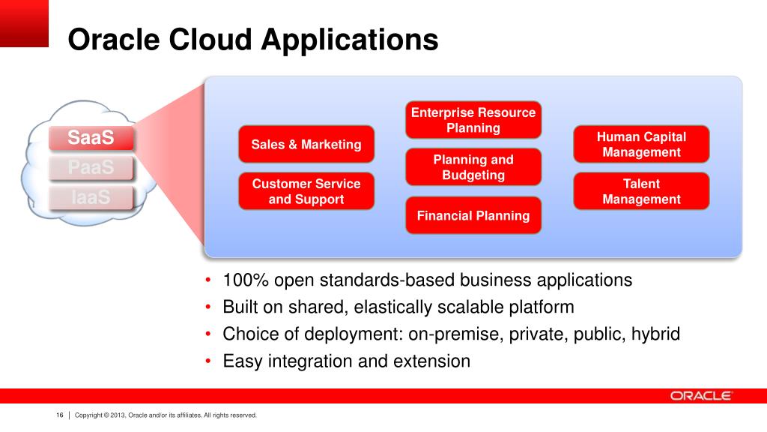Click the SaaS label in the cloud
[91, 138]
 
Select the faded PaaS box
[91, 167]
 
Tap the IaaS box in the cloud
[91, 197]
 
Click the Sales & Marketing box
[306, 144]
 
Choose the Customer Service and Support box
[306, 191]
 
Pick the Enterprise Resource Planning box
[473, 120]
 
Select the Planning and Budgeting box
[473, 167]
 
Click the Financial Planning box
[473, 215]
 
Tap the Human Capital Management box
[641, 144]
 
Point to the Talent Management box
[641, 191]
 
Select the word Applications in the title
[350, 40]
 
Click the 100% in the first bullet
[246, 280]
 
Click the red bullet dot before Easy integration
[208, 361]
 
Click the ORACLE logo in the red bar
[701, 396]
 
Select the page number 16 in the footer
[60, 415]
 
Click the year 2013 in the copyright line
[118, 415]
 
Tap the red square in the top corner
[24, 23]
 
